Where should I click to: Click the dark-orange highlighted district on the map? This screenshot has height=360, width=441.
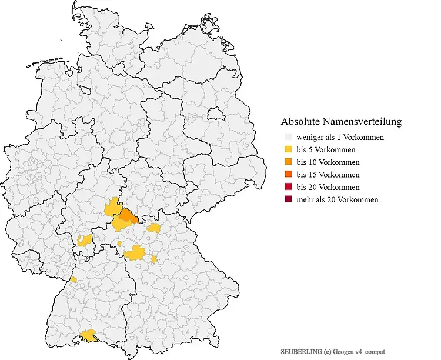point(126,218)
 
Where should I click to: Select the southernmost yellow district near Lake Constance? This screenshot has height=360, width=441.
point(89,335)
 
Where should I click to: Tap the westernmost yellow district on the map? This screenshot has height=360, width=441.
point(73,279)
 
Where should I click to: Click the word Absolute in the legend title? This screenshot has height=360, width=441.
point(300,122)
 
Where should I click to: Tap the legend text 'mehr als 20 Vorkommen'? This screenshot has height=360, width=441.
point(338,200)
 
